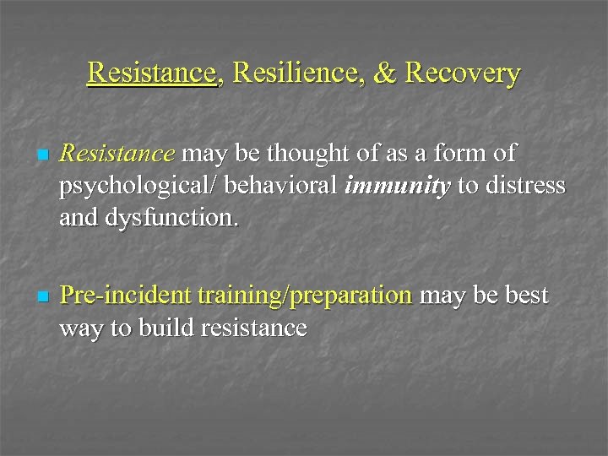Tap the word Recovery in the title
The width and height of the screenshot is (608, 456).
click(x=463, y=73)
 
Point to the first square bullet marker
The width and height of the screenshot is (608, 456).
click(x=42, y=156)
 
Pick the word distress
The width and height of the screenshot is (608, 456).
click(x=528, y=187)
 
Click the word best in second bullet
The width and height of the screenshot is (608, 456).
click(x=524, y=296)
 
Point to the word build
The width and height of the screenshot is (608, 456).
click(x=170, y=328)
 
